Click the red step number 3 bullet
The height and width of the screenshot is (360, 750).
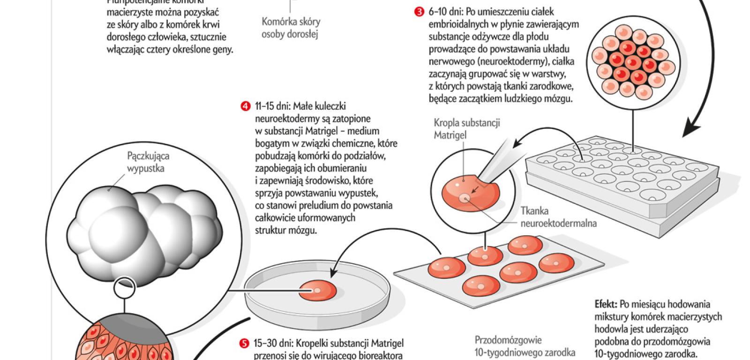(x=419, y=12)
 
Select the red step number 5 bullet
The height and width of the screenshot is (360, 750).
(x=245, y=344)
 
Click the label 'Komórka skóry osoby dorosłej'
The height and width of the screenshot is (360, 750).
(x=291, y=28)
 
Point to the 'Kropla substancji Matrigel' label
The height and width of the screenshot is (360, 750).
(x=466, y=129)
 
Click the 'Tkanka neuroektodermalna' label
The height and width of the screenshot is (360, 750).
(x=558, y=217)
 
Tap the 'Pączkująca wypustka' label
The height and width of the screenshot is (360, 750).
(x=148, y=162)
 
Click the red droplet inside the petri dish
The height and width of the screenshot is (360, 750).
(x=317, y=291)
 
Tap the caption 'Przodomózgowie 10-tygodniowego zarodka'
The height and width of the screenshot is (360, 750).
(x=525, y=345)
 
